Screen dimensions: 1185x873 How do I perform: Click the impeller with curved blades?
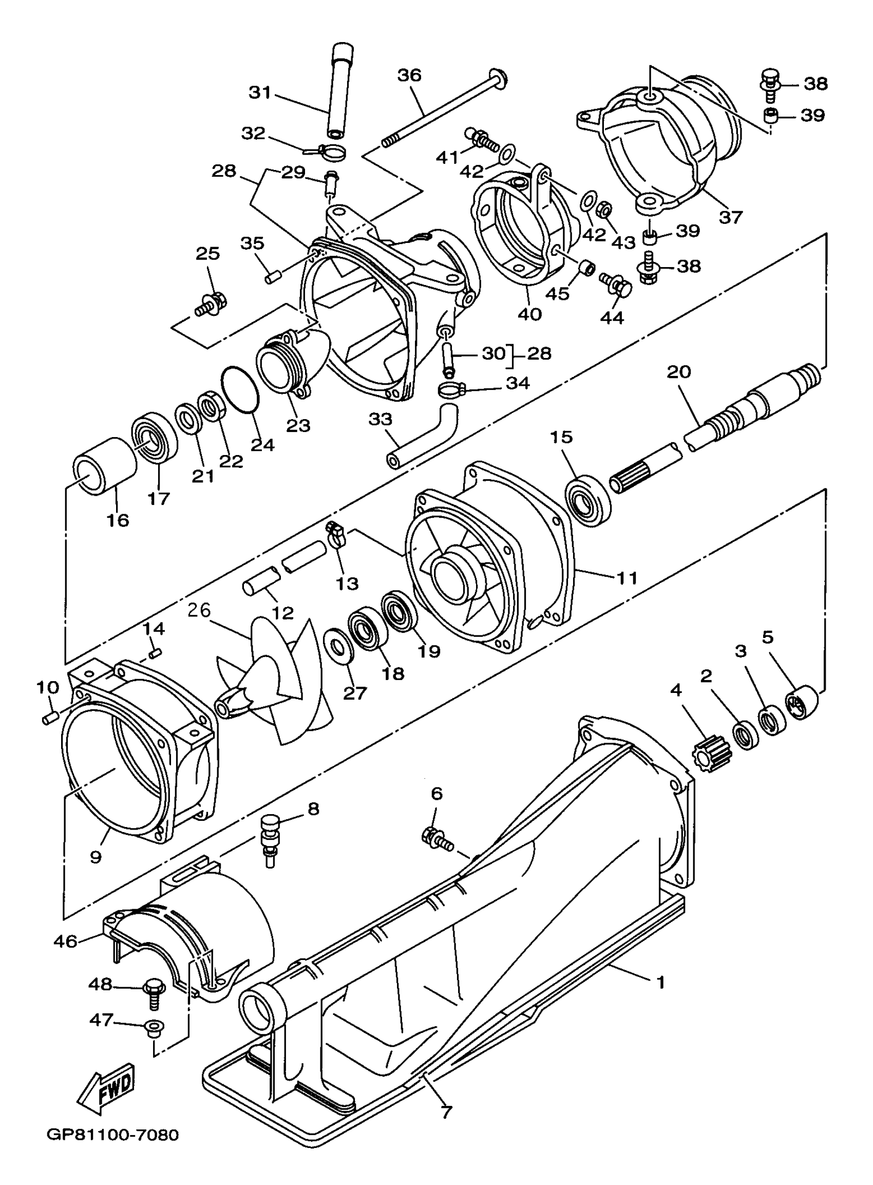275,682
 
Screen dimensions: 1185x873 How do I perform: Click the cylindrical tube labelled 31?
341,90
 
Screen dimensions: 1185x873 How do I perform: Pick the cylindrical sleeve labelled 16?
104,466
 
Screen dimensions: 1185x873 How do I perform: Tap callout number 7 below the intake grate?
447,1113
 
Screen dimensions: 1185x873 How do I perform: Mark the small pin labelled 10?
50,719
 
